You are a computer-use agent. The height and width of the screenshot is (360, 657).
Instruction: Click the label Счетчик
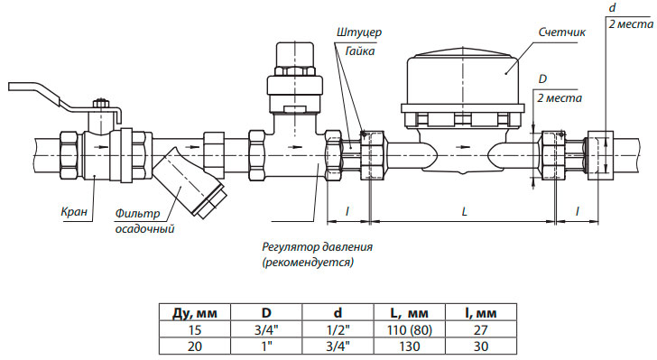(561, 32)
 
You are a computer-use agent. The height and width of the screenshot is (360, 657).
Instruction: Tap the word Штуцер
(358, 32)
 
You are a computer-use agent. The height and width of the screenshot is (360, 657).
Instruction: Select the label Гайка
(360, 51)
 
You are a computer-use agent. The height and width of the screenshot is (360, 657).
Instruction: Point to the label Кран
(74, 211)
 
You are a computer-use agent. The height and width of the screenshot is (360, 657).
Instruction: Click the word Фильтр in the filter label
(137, 214)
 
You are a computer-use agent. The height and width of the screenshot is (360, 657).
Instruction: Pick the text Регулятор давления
(317, 247)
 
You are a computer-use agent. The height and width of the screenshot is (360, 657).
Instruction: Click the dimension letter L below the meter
(464, 212)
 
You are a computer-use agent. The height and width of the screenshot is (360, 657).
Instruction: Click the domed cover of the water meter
(463, 77)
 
